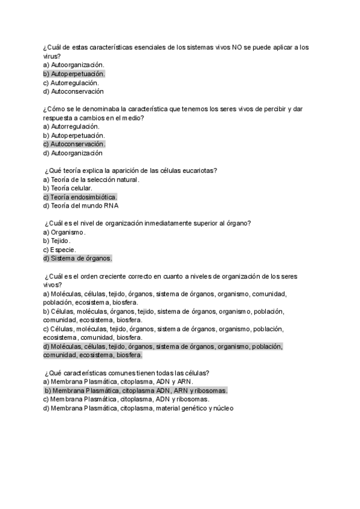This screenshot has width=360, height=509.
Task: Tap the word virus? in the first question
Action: [52, 56]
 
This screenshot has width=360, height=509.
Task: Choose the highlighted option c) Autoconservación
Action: [74, 144]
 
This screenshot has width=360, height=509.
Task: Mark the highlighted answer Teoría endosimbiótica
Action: [83, 197]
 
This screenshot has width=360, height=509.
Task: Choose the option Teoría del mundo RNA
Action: [85, 206]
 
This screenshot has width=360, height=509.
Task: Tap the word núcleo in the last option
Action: [223, 408]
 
